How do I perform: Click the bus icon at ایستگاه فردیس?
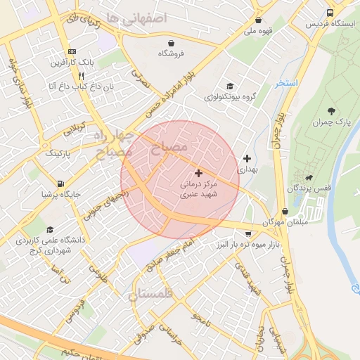pos(330,13)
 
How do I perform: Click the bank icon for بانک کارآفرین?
pos(72,52)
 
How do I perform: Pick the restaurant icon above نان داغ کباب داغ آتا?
pos(82,75)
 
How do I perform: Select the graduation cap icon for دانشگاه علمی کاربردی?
pos(49,229)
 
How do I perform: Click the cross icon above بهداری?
pos(247,158)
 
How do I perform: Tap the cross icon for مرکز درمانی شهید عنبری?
pos(198,172)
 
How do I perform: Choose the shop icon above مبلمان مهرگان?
pos(285,211)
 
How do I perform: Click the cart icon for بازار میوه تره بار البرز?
pos(248,233)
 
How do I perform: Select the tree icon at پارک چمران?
pos(331,111)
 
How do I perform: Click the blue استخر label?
pos(287,83)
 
